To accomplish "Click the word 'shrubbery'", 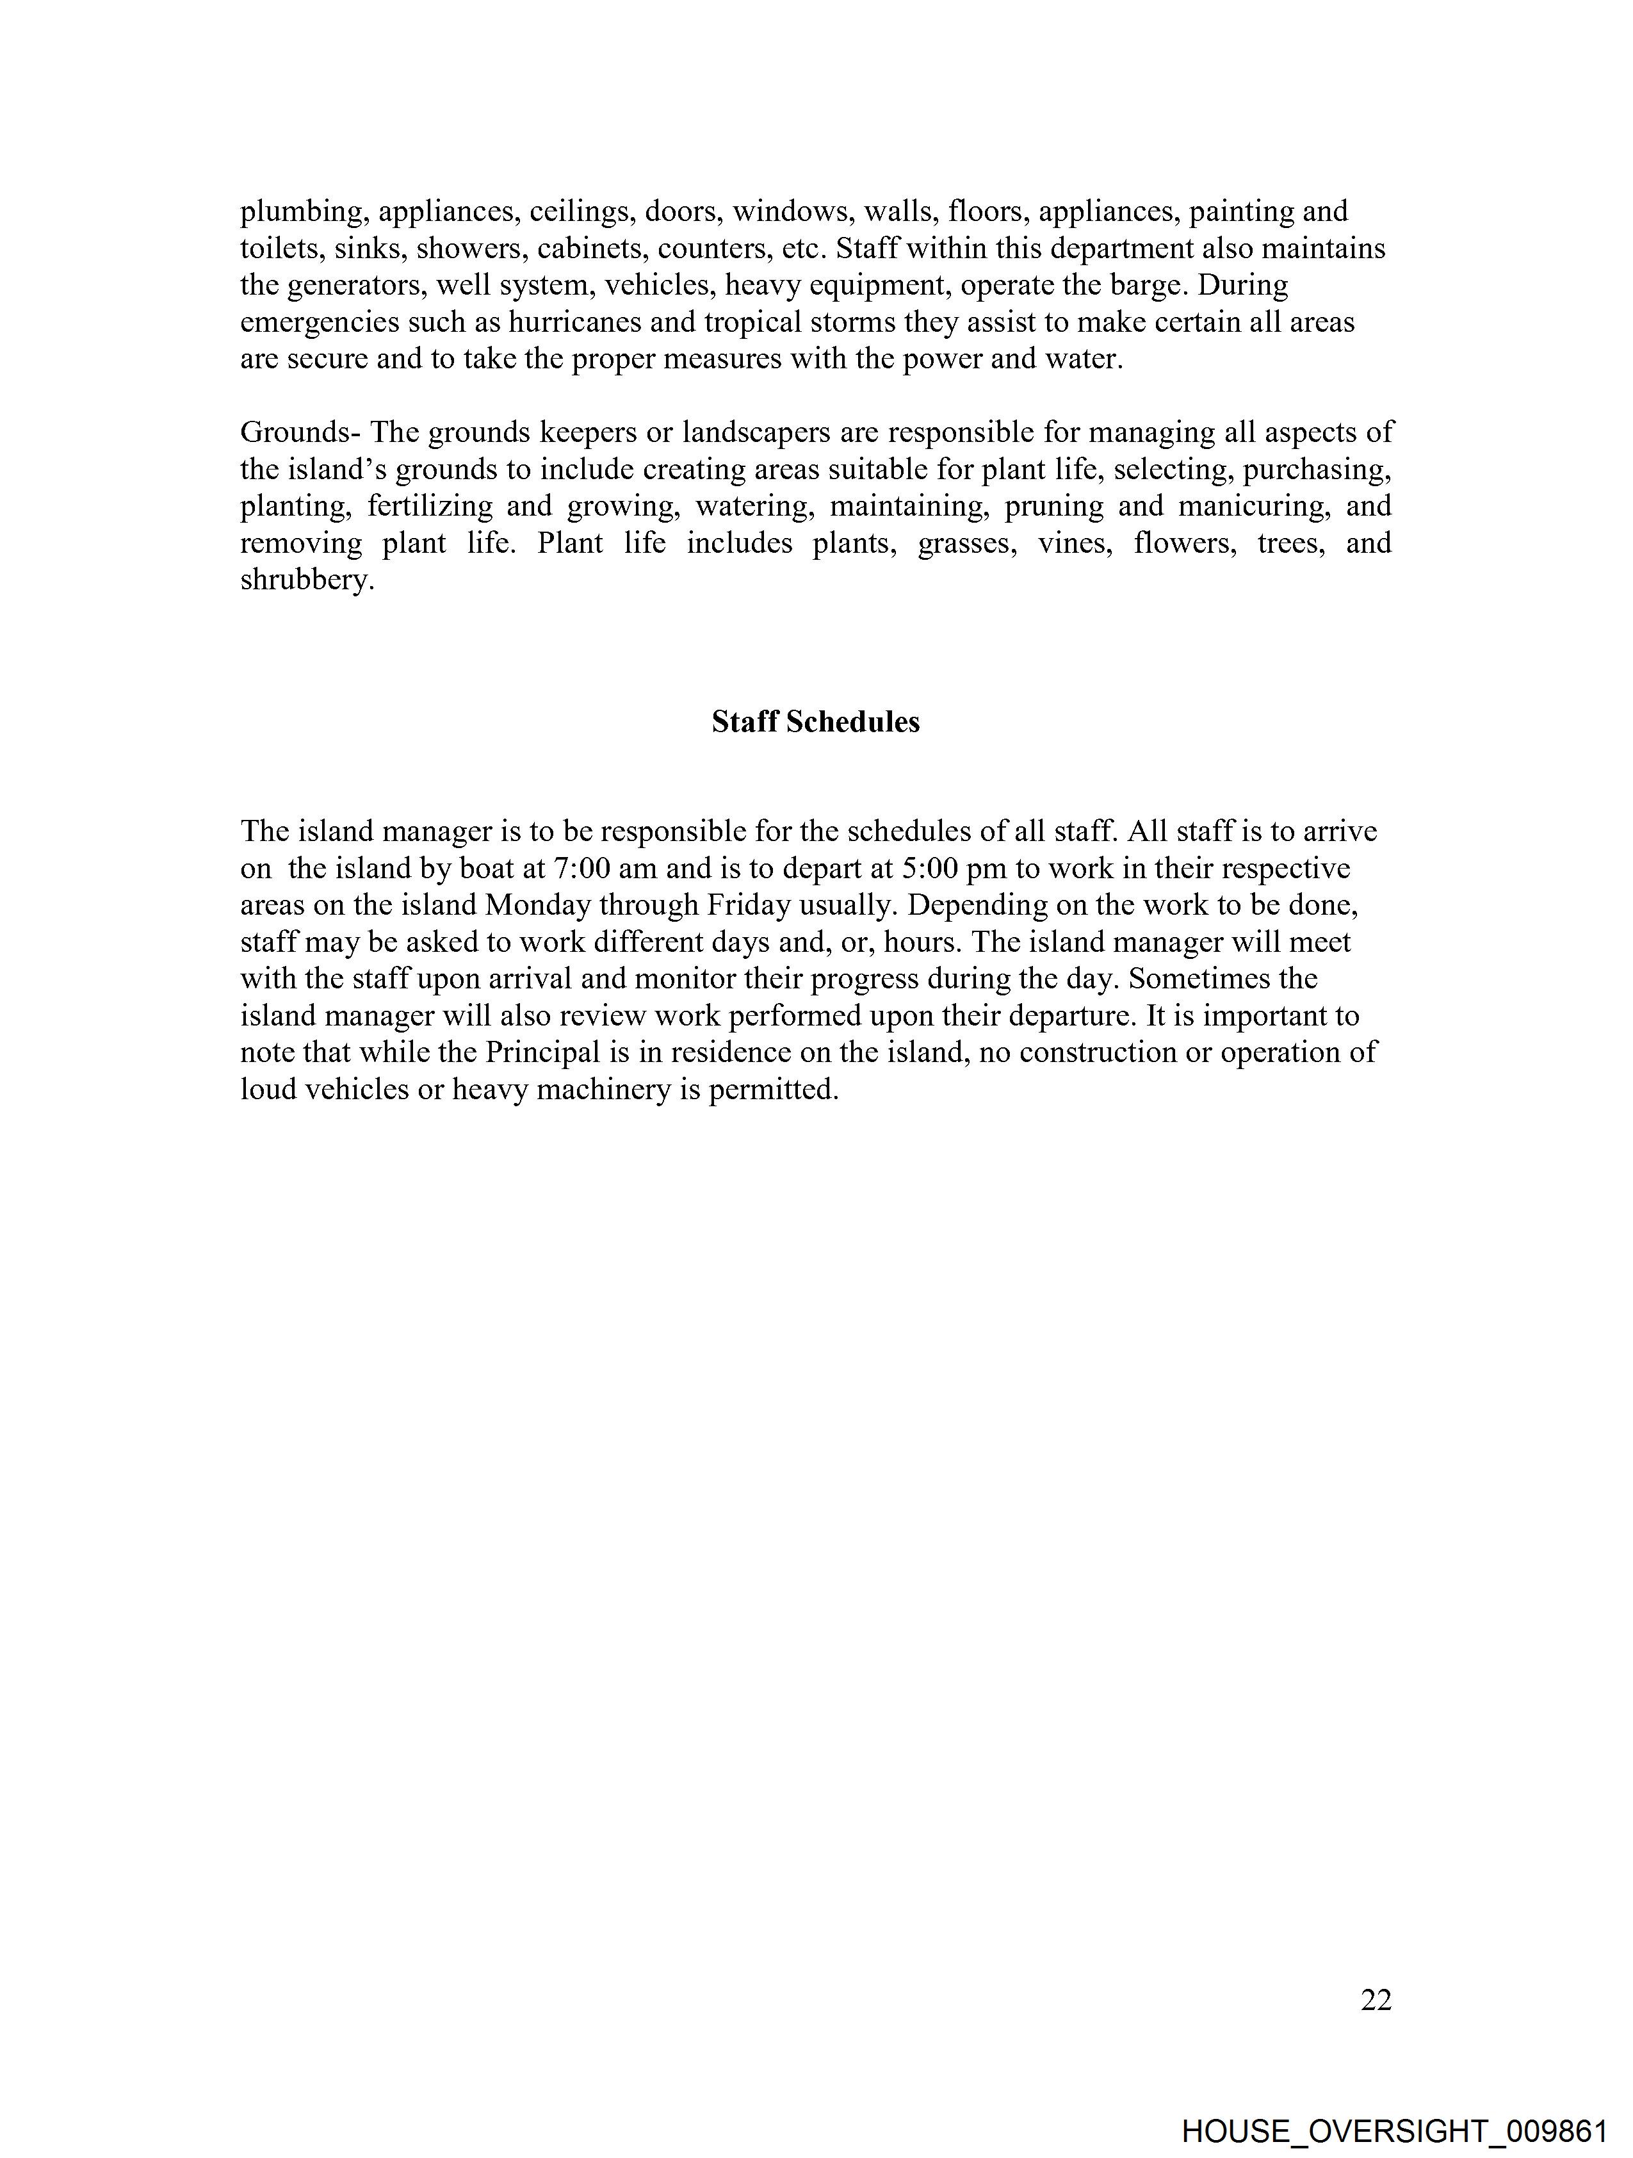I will pyautogui.click(x=306, y=580).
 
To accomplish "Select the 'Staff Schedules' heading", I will pyautogui.click(x=815, y=722).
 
